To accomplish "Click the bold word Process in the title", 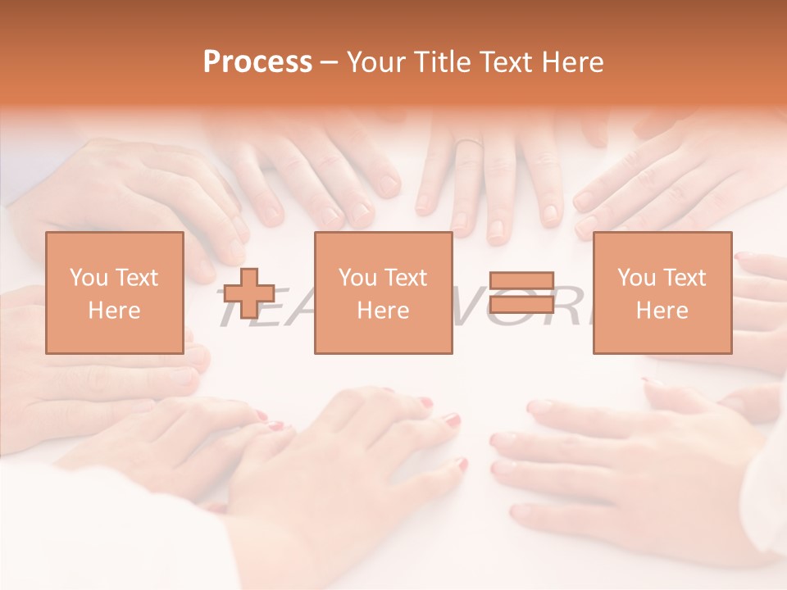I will click(x=257, y=62).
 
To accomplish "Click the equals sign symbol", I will click(x=522, y=293).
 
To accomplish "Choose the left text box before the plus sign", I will click(x=115, y=293).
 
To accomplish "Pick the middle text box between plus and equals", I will click(x=383, y=293).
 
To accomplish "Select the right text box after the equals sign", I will click(x=662, y=293).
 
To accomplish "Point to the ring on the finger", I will click(x=468, y=143).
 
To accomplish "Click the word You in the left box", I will click(x=89, y=278).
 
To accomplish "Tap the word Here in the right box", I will click(x=662, y=310).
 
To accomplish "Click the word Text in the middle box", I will click(x=405, y=278).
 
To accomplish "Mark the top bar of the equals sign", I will click(x=522, y=281).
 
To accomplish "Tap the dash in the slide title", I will click(x=330, y=62).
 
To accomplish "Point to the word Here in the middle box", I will click(x=383, y=310).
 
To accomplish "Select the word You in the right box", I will click(x=636, y=278).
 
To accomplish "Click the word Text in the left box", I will click(x=136, y=278).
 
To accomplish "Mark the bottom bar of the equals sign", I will click(x=522, y=304).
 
